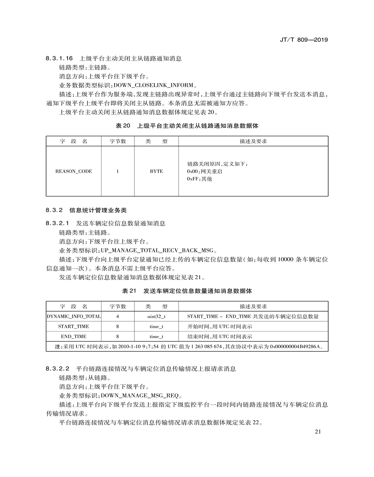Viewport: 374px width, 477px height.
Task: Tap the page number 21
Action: click(318, 432)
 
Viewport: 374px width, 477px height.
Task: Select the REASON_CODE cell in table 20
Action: click(74, 171)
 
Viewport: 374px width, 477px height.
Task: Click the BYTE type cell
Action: click(156, 171)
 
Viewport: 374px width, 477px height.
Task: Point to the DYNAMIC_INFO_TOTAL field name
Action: click(74, 316)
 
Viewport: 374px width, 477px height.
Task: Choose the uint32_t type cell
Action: click(156, 316)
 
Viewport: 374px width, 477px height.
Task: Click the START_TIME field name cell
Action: click(74, 326)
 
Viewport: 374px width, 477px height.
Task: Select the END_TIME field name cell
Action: click(74, 337)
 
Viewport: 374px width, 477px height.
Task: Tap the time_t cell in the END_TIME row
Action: click(156, 337)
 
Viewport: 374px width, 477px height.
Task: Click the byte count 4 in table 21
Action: click(118, 316)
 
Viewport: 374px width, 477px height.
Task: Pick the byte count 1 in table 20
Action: click(118, 171)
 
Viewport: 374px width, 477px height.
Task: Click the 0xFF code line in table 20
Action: click(200, 179)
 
